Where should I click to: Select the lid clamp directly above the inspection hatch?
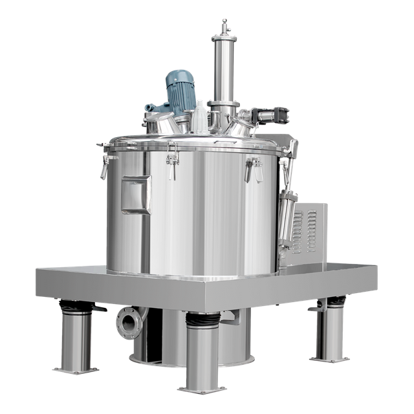[171, 162]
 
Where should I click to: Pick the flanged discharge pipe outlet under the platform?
[126, 321]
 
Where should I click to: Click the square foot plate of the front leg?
[202, 387]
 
